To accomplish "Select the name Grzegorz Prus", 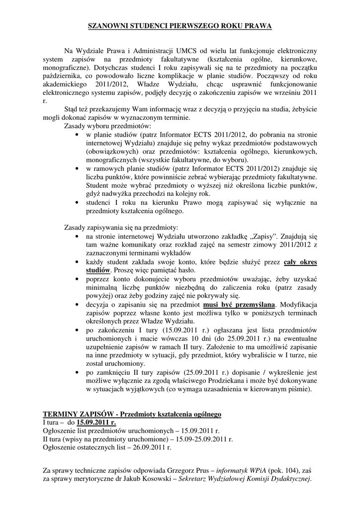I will point(187,470).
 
